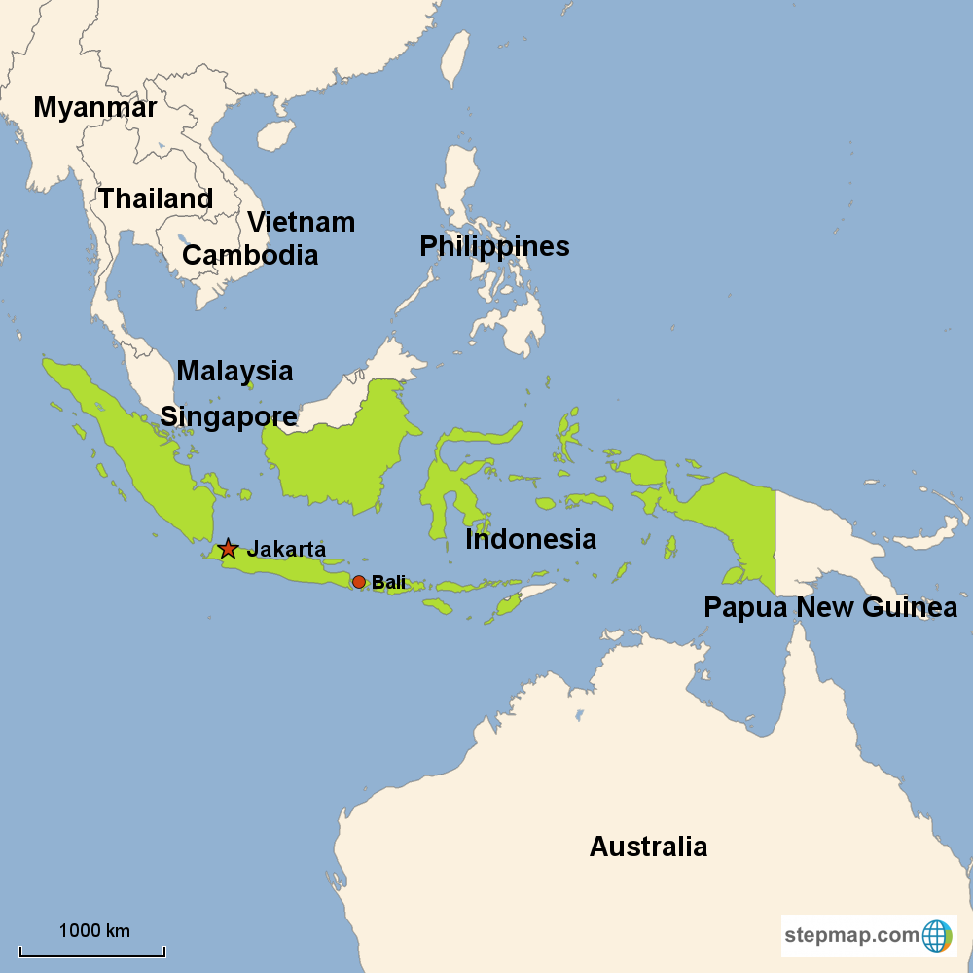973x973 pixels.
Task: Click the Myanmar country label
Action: pyautogui.click(x=94, y=107)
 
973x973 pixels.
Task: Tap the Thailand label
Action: pyautogui.click(x=156, y=198)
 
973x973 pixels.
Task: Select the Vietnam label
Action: pyautogui.click(x=301, y=222)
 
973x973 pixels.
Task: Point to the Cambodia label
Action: pyautogui.click(x=250, y=255)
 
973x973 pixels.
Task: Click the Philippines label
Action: pyautogui.click(x=494, y=246)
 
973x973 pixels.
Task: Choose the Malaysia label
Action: pyautogui.click(x=234, y=371)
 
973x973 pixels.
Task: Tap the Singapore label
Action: pyautogui.click(x=229, y=416)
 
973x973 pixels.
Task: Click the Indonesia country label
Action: pyautogui.click(x=530, y=539)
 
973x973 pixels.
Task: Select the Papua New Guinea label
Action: pyautogui.click(x=830, y=608)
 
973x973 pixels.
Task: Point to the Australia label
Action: pyautogui.click(x=648, y=847)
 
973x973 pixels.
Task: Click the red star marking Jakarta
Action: pyautogui.click(x=228, y=549)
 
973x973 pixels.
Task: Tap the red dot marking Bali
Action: pyautogui.click(x=358, y=582)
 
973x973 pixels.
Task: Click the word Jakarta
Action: pyautogui.click(x=286, y=549)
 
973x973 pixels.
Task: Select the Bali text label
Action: pyautogui.click(x=388, y=582)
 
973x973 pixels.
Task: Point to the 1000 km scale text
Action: pyautogui.click(x=94, y=930)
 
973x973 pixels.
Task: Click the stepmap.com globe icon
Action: pyautogui.click(x=937, y=936)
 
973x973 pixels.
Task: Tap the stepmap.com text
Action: pyautogui.click(x=851, y=936)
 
